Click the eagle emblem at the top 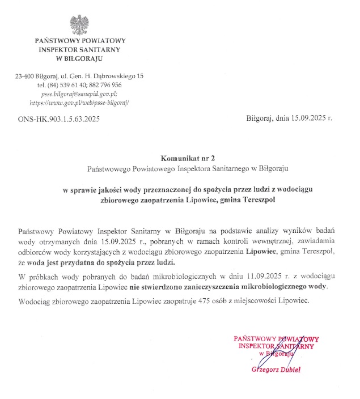(79, 24)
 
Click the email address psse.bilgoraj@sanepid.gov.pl (79, 94)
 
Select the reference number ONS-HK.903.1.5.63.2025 (59, 119)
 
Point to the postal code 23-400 (24, 76)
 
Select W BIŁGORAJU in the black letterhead (79, 58)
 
